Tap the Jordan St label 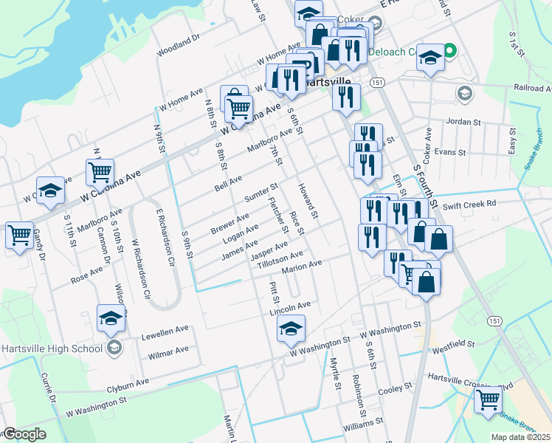click(x=463, y=121)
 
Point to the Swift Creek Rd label click(x=471, y=202)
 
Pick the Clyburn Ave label click(x=128, y=384)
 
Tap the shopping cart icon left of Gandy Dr click(x=19, y=236)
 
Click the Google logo click(x=24, y=434)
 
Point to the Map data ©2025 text click(x=520, y=437)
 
